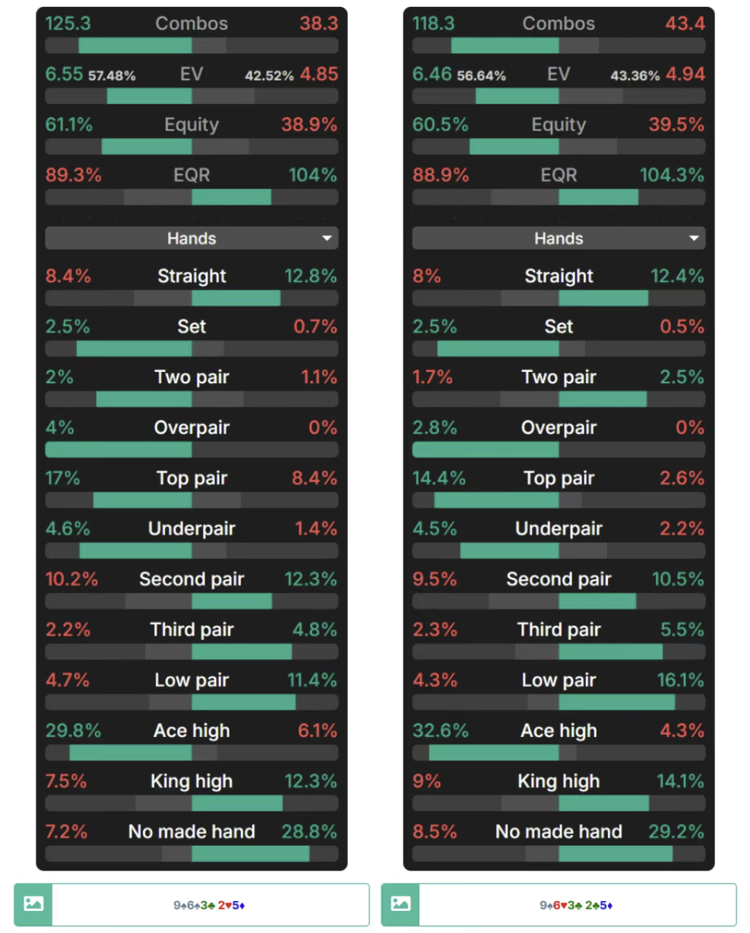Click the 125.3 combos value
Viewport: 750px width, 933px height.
pos(68,24)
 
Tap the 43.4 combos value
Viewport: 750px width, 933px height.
pos(685,24)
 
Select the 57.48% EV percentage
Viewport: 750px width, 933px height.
pos(112,76)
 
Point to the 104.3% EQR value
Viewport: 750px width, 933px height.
pos(672,175)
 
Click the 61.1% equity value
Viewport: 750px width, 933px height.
pos(69,125)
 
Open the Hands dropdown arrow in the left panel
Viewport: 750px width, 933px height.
pos(327,238)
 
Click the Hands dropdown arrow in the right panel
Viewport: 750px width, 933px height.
pos(694,238)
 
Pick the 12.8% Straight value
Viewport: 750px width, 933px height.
pos(311,276)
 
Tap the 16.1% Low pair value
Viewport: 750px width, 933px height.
pos(680,680)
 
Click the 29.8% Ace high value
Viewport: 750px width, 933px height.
pos(73,731)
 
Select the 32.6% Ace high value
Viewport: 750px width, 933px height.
pos(440,731)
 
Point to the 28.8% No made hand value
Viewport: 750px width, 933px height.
pos(309,832)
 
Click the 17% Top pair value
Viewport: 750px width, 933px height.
pos(62,478)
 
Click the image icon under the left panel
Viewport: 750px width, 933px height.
pos(33,904)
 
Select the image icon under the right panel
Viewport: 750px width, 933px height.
pos(400,904)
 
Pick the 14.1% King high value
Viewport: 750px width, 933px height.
pos(680,781)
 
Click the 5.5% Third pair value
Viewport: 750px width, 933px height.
pos(682,630)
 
